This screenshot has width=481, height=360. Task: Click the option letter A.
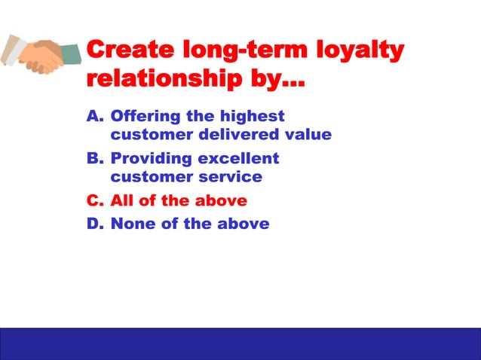pyautogui.click(x=94, y=117)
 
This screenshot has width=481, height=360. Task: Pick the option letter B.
pyautogui.click(x=94, y=159)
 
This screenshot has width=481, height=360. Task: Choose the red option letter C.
pyautogui.click(x=94, y=201)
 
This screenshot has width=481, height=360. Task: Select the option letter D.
pyautogui.click(x=94, y=224)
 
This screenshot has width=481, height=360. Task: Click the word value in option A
pyautogui.click(x=309, y=136)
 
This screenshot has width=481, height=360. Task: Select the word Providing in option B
pyautogui.click(x=150, y=159)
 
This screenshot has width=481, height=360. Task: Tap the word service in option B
pyautogui.click(x=230, y=178)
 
